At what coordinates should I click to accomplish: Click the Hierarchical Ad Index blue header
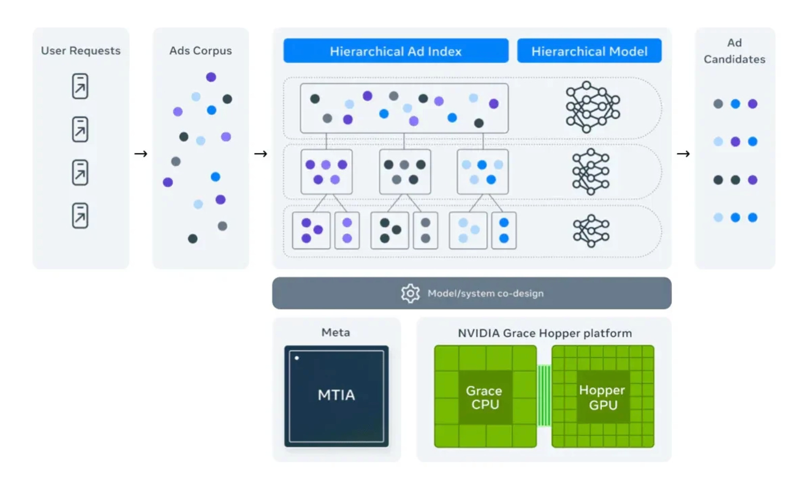point(396,51)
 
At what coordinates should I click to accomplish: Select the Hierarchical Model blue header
point(589,51)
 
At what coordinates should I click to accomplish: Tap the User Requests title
point(81,51)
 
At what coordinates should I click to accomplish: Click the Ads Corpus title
point(200,51)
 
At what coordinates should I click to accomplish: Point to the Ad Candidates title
point(735,51)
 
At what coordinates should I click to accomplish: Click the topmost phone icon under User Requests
point(80,86)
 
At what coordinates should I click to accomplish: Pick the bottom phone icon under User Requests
point(80,216)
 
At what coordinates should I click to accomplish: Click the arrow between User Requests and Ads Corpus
point(141,154)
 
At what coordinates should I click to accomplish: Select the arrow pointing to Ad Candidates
point(683,154)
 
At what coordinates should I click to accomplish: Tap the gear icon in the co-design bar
point(410,293)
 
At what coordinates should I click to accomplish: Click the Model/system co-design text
point(486,293)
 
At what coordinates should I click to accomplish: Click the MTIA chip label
point(336,395)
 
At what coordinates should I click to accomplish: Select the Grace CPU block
point(485,397)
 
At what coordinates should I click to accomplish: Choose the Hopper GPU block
point(603,397)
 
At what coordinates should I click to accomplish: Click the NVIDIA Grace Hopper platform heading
point(545,333)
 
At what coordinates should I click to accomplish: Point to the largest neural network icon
point(593,107)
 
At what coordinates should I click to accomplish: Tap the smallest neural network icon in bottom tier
point(591,231)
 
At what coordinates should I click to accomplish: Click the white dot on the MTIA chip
point(297,358)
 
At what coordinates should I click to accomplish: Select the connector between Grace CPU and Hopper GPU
point(544,396)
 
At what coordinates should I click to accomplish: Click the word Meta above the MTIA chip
point(336,332)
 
